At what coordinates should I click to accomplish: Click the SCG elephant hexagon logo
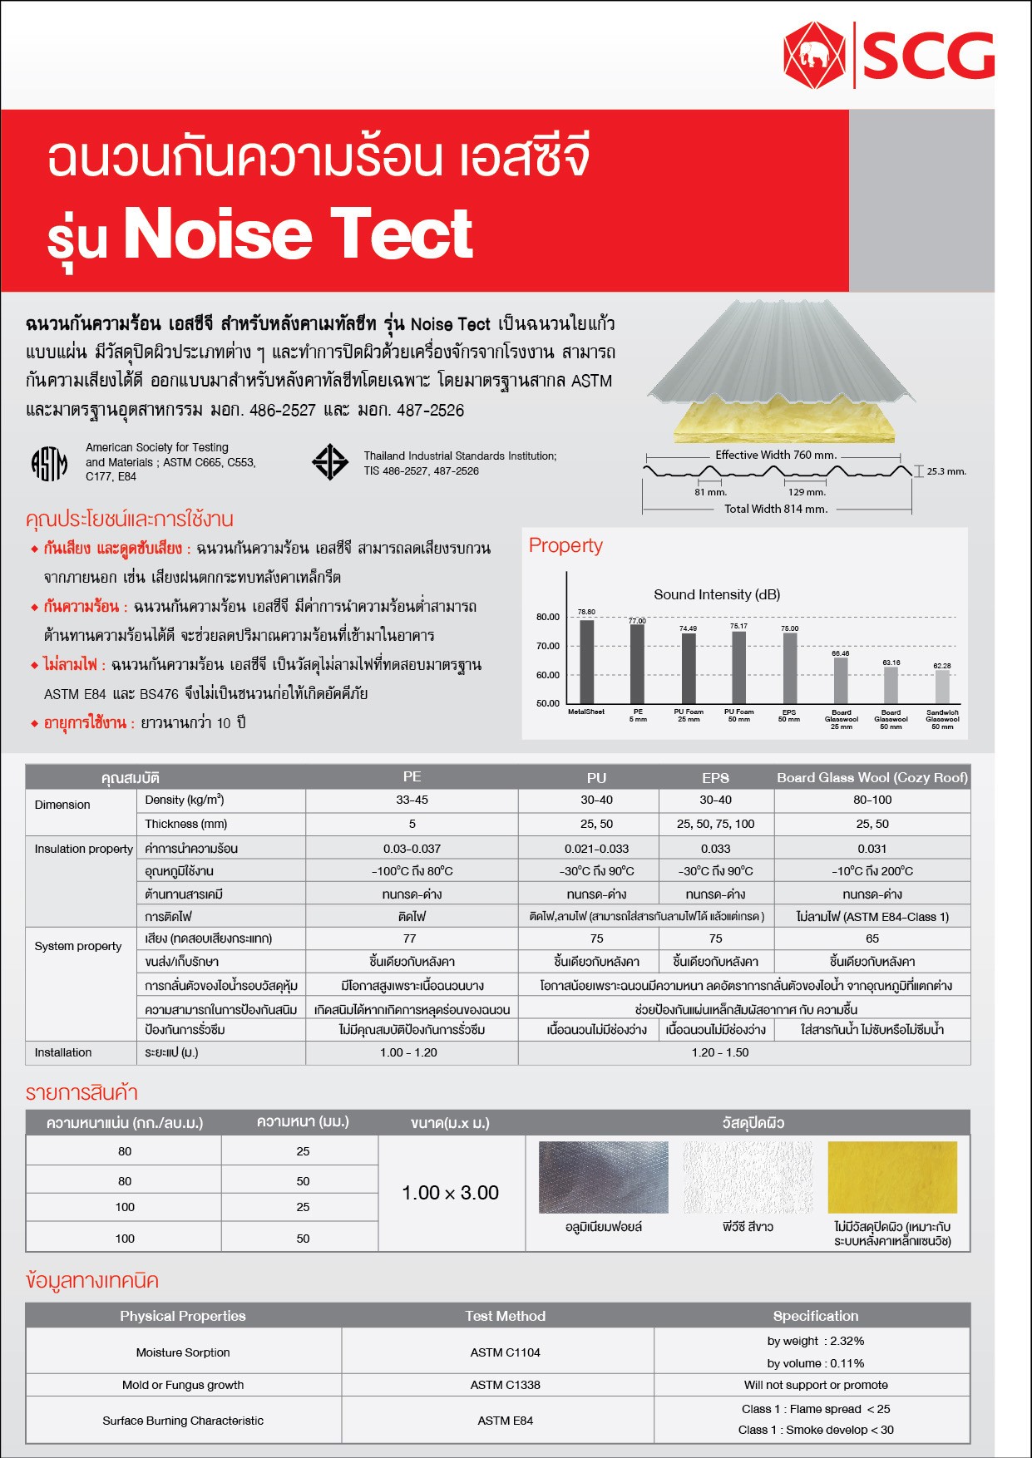pyautogui.click(x=814, y=56)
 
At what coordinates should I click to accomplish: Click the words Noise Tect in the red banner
pyautogui.click(x=298, y=234)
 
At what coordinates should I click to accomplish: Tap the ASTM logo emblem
pyautogui.click(x=49, y=463)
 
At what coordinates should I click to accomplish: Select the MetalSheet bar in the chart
pyautogui.click(x=586, y=662)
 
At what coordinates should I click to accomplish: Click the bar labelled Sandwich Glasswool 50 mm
pyautogui.click(x=942, y=687)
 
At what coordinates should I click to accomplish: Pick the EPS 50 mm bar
pyautogui.click(x=789, y=668)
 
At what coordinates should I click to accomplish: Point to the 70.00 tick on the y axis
pyautogui.click(x=548, y=646)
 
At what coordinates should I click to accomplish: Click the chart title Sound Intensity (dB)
pyautogui.click(x=717, y=594)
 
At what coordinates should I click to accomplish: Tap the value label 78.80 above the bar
pyautogui.click(x=586, y=612)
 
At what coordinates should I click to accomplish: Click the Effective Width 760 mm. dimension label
pyautogui.click(x=776, y=455)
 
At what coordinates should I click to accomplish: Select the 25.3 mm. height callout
pyautogui.click(x=946, y=471)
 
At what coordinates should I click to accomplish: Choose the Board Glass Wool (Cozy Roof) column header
pyautogui.click(x=872, y=777)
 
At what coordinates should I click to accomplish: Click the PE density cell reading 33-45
pyautogui.click(x=412, y=800)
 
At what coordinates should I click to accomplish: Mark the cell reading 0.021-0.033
pyautogui.click(x=596, y=849)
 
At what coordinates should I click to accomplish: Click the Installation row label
pyautogui.click(x=63, y=1052)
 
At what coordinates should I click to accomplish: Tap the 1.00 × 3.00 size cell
pyautogui.click(x=451, y=1193)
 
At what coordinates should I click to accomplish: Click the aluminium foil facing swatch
pyautogui.click(x=603, y=1177)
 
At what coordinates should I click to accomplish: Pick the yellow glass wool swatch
pyautogui.click(x=892, y=1177)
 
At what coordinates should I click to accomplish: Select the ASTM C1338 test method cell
pyautogui.click(x=505, y=1385)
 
